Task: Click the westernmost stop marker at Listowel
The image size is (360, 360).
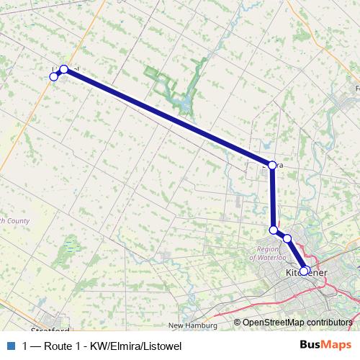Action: tap(53, 76)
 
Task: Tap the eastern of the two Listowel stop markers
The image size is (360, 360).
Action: tap(64, 69)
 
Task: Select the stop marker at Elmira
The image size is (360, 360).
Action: tap(271, 165)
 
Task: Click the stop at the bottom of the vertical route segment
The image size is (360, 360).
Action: tap(274, 230)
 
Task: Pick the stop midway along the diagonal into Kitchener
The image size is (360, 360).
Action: tap(287, 238)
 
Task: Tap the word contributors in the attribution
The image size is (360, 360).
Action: tap(330, 323)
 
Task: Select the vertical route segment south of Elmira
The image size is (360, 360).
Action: tap(273, 198)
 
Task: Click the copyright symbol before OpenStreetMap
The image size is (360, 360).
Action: tap(238, 323)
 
